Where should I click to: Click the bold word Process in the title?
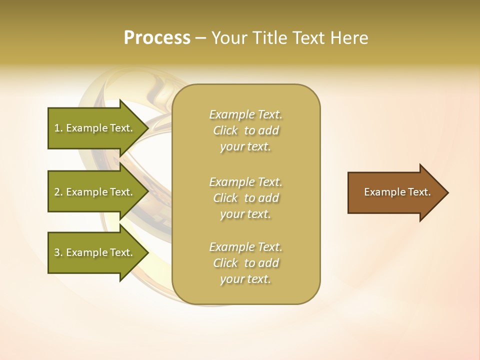pyautogui.click(x=157, y=38)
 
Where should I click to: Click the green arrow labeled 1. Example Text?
pyautogui.click(x=95, y=128)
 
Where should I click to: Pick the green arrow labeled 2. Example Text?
pyautogui.click(x=95, y=192)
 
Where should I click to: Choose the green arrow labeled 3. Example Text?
pyautogui.click(x=95, y=252)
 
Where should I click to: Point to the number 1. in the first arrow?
pyautogui.click(x=58, y=128)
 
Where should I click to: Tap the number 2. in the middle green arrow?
pyautogui.click(x=58, y=192)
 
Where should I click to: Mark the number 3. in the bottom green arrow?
pyautogui.click(x=58, y=252)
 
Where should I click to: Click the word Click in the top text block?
pyautogui.click(x=225, y=131)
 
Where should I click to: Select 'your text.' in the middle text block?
pyautogui.click(x=245, y=214)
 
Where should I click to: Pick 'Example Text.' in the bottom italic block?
pyautogui.click(x=245, y=247)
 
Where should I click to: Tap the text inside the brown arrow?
pyautogui.click(x=397, y=192)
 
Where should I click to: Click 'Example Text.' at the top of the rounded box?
pyautogui.click(x=245, y=114)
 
